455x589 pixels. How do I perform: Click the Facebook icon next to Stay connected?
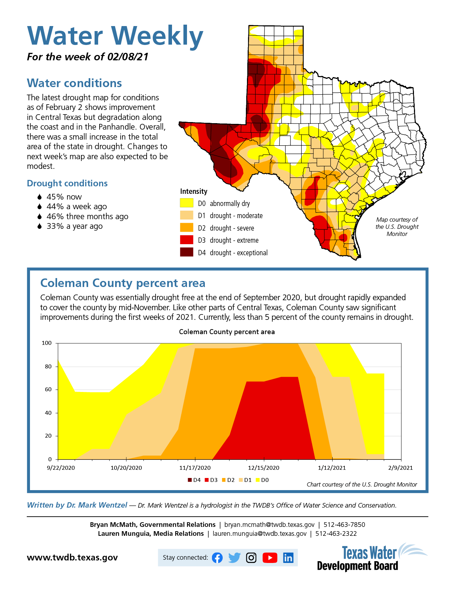(x=217, y=558)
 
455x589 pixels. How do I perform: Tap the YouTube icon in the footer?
(x=270, y=558)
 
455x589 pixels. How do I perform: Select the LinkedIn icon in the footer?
(x=288, y=558)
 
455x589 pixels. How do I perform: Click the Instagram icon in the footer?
(x=251, y=558)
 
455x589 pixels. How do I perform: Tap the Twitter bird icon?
(x=234, y=558)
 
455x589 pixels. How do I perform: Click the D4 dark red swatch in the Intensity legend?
(x=186, y=252)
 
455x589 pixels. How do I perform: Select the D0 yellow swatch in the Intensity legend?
(x=186, y=203)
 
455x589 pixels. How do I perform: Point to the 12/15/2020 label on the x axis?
(x=263, y=468)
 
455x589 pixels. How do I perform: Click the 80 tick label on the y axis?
(x=48, y=366)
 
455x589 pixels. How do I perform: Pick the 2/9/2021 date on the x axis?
(x=400, y=468)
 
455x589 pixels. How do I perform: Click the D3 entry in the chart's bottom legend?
(x=211, y=480)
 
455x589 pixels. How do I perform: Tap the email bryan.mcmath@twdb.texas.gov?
(x=269, y=524)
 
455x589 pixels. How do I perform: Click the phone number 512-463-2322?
(x=336, y=533)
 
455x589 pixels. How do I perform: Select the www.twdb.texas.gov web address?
(x=72, y=558)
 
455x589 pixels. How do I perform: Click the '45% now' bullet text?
(x=64, y=197)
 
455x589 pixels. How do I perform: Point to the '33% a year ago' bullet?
(x=75, y=226)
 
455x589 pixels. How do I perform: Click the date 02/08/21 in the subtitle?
(x=128, y=57)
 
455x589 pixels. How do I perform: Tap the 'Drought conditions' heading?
(x=67, y=183)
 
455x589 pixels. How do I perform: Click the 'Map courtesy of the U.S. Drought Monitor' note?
(x=397, y=227)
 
